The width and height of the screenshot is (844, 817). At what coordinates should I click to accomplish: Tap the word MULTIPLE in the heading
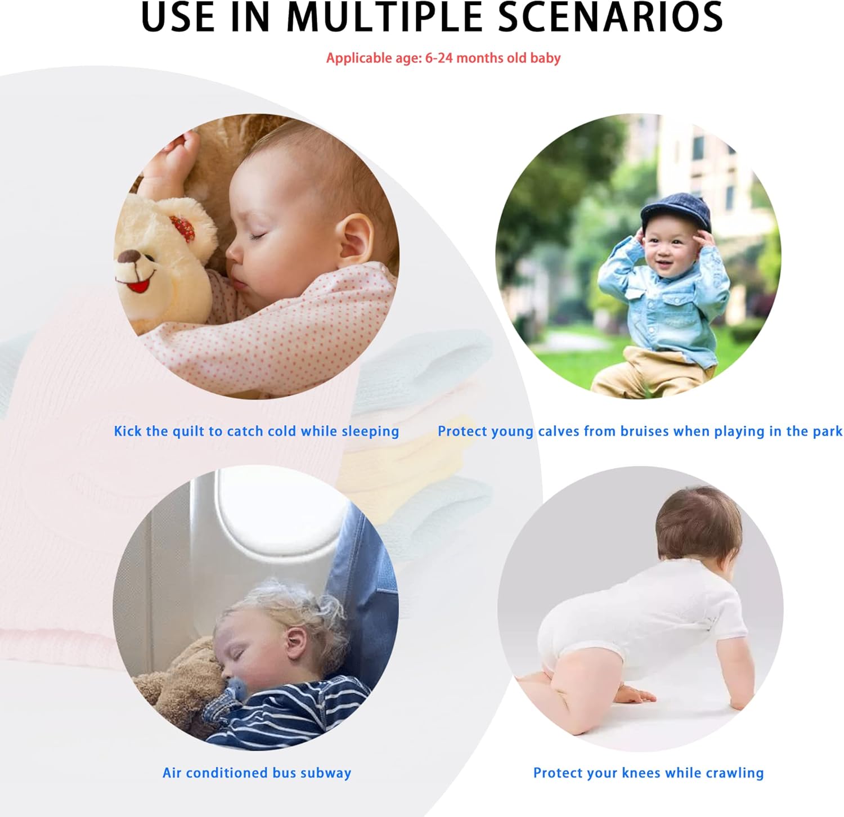point(385,17)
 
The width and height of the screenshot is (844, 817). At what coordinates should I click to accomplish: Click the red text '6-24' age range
point(439,58)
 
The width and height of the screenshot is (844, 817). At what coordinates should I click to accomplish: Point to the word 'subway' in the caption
point(326,773)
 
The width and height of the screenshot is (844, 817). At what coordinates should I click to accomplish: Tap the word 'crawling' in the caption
point(735,773)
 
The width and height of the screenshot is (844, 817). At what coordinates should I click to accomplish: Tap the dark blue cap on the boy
point(675,210)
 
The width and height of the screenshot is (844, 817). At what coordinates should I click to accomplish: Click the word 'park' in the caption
point(827,431)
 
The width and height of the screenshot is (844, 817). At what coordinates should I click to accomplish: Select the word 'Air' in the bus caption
point(172,773)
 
